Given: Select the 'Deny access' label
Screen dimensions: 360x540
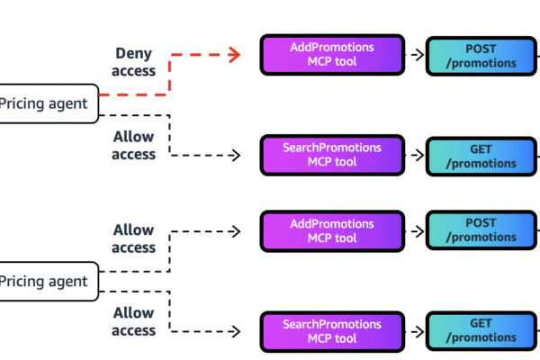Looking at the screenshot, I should [x=135, y=62].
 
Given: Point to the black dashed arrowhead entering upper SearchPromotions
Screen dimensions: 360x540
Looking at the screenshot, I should [x=236, y=155].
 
